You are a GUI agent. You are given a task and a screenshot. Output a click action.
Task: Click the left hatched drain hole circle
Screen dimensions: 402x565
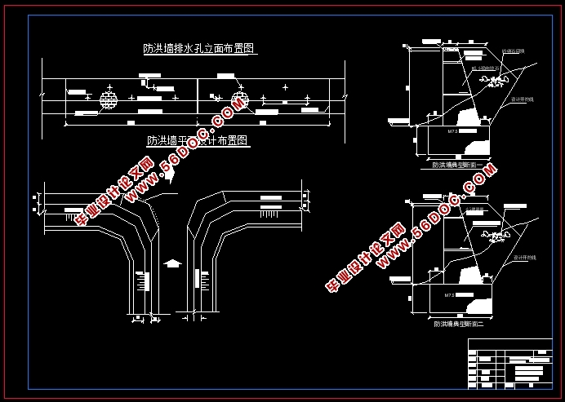109,99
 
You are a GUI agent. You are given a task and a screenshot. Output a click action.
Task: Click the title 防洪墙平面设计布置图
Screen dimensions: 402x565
198,140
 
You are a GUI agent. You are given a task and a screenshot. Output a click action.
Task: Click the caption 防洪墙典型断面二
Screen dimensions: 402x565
458,324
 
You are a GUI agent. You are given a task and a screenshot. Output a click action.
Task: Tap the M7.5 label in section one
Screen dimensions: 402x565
452,129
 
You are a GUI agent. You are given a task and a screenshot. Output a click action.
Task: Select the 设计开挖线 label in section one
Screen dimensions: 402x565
523,99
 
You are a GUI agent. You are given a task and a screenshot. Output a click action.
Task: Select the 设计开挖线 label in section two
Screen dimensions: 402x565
523,257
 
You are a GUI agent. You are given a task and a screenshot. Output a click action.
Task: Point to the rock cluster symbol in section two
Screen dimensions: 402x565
494,236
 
